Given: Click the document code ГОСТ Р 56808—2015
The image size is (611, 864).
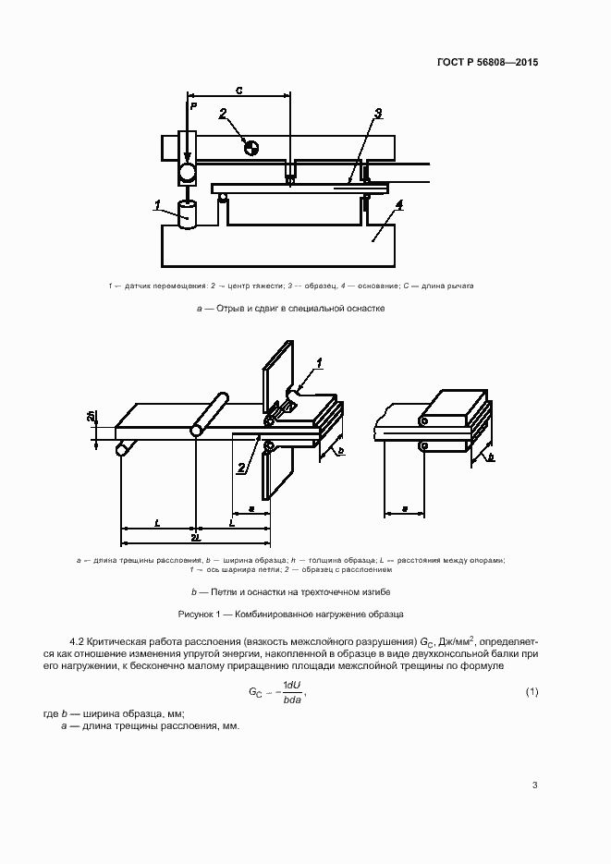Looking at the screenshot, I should tap(487, 64).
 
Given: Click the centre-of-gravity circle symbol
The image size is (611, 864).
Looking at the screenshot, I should tap(251, 146).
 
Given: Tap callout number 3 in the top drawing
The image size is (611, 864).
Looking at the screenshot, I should tap(378, 114).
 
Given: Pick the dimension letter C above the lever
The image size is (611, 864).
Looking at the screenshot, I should tap(239, 91).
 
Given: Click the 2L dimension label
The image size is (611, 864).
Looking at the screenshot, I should tap(195, 536).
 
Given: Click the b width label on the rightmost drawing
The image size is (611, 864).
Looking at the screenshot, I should tap(490, 456).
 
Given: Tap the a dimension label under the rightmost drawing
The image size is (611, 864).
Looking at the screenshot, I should tap(405, 508).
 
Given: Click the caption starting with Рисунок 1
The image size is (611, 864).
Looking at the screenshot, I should tap(290, 614).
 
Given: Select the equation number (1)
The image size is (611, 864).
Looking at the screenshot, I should tap(532, 692).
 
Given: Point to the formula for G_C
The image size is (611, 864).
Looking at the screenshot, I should tap(276, 693).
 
